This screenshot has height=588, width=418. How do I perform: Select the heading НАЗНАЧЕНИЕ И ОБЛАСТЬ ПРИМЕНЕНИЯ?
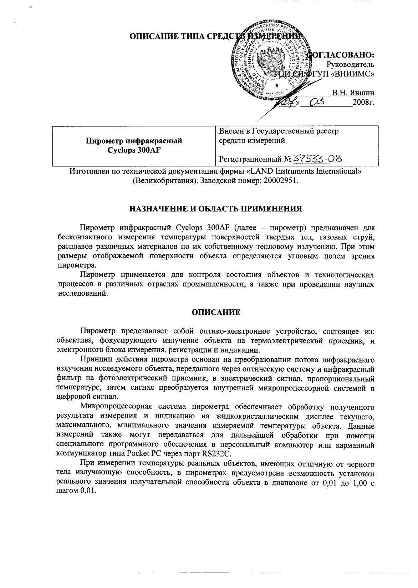point(215,209)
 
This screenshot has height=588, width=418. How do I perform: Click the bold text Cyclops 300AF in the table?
point(133,150)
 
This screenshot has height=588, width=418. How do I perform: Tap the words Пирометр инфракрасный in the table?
point(133,141)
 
